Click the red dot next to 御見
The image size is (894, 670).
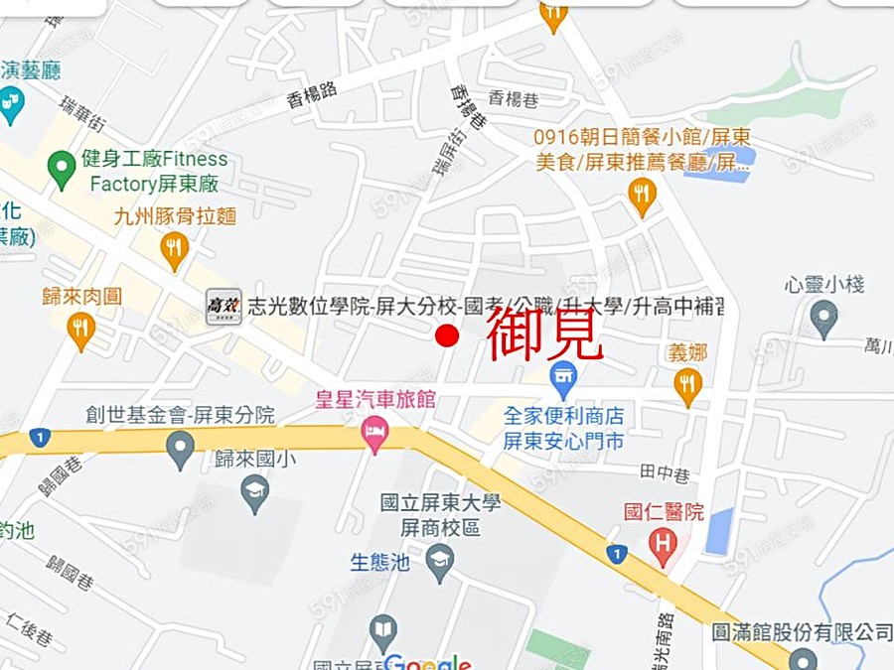click(447, 335)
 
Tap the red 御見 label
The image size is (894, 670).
click(544, 335)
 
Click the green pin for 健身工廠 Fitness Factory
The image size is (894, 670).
click(62, 169)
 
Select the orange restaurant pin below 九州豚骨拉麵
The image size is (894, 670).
click(175, 249)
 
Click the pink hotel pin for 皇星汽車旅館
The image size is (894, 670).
click(374, 433)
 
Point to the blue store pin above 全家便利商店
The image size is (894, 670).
click(563, 378)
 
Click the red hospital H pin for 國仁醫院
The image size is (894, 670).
click(663, 544)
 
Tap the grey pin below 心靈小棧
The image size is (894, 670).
click(823, 318)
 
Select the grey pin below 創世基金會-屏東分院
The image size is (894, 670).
click(180, 449)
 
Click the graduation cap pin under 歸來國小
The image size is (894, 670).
click(255, 491)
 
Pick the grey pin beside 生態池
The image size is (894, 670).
click(439, 562)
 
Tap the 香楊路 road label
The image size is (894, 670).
click(311, 92)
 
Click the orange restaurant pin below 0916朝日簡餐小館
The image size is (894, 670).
click(642, 195)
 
